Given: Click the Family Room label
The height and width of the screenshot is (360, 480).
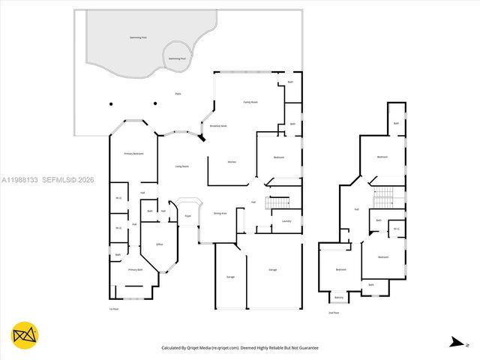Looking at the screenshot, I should (250, 101).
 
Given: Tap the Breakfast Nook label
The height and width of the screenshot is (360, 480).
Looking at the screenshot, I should (218, 126).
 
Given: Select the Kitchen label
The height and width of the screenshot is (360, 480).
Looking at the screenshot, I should (232, 162).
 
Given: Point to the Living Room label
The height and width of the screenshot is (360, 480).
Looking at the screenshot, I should (181, 166).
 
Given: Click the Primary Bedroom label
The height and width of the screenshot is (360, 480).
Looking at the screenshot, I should (133, 154).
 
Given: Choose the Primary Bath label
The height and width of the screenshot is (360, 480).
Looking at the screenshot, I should (134, 269).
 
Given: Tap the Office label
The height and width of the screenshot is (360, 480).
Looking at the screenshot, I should (159, 244).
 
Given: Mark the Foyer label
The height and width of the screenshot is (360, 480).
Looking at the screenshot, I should (188, 216).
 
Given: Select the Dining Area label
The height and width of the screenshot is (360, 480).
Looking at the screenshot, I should (220, 213).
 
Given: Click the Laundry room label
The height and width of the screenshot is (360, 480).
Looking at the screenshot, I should (286, 221).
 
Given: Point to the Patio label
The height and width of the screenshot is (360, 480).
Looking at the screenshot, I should (178, 94).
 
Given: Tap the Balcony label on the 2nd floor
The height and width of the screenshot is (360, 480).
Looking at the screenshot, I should (339, 296).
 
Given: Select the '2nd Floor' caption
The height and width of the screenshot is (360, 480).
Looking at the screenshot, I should (334, 313).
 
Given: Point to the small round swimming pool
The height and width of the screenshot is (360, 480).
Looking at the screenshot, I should (178, 58).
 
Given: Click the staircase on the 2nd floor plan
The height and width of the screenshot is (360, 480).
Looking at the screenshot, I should (383, 197).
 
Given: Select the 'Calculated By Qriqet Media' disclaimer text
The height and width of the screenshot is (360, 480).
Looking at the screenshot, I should (241, 348).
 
